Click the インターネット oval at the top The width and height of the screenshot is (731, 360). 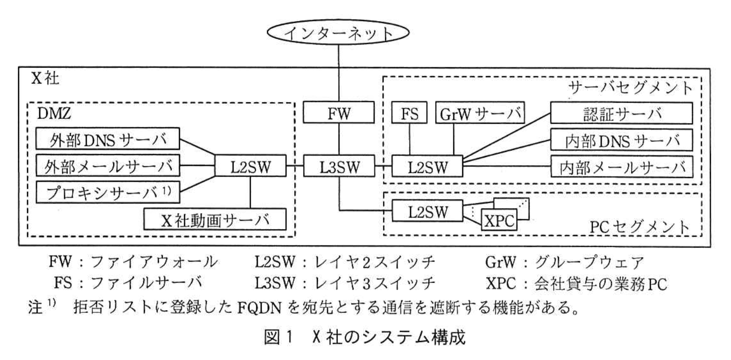click(339, 33)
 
